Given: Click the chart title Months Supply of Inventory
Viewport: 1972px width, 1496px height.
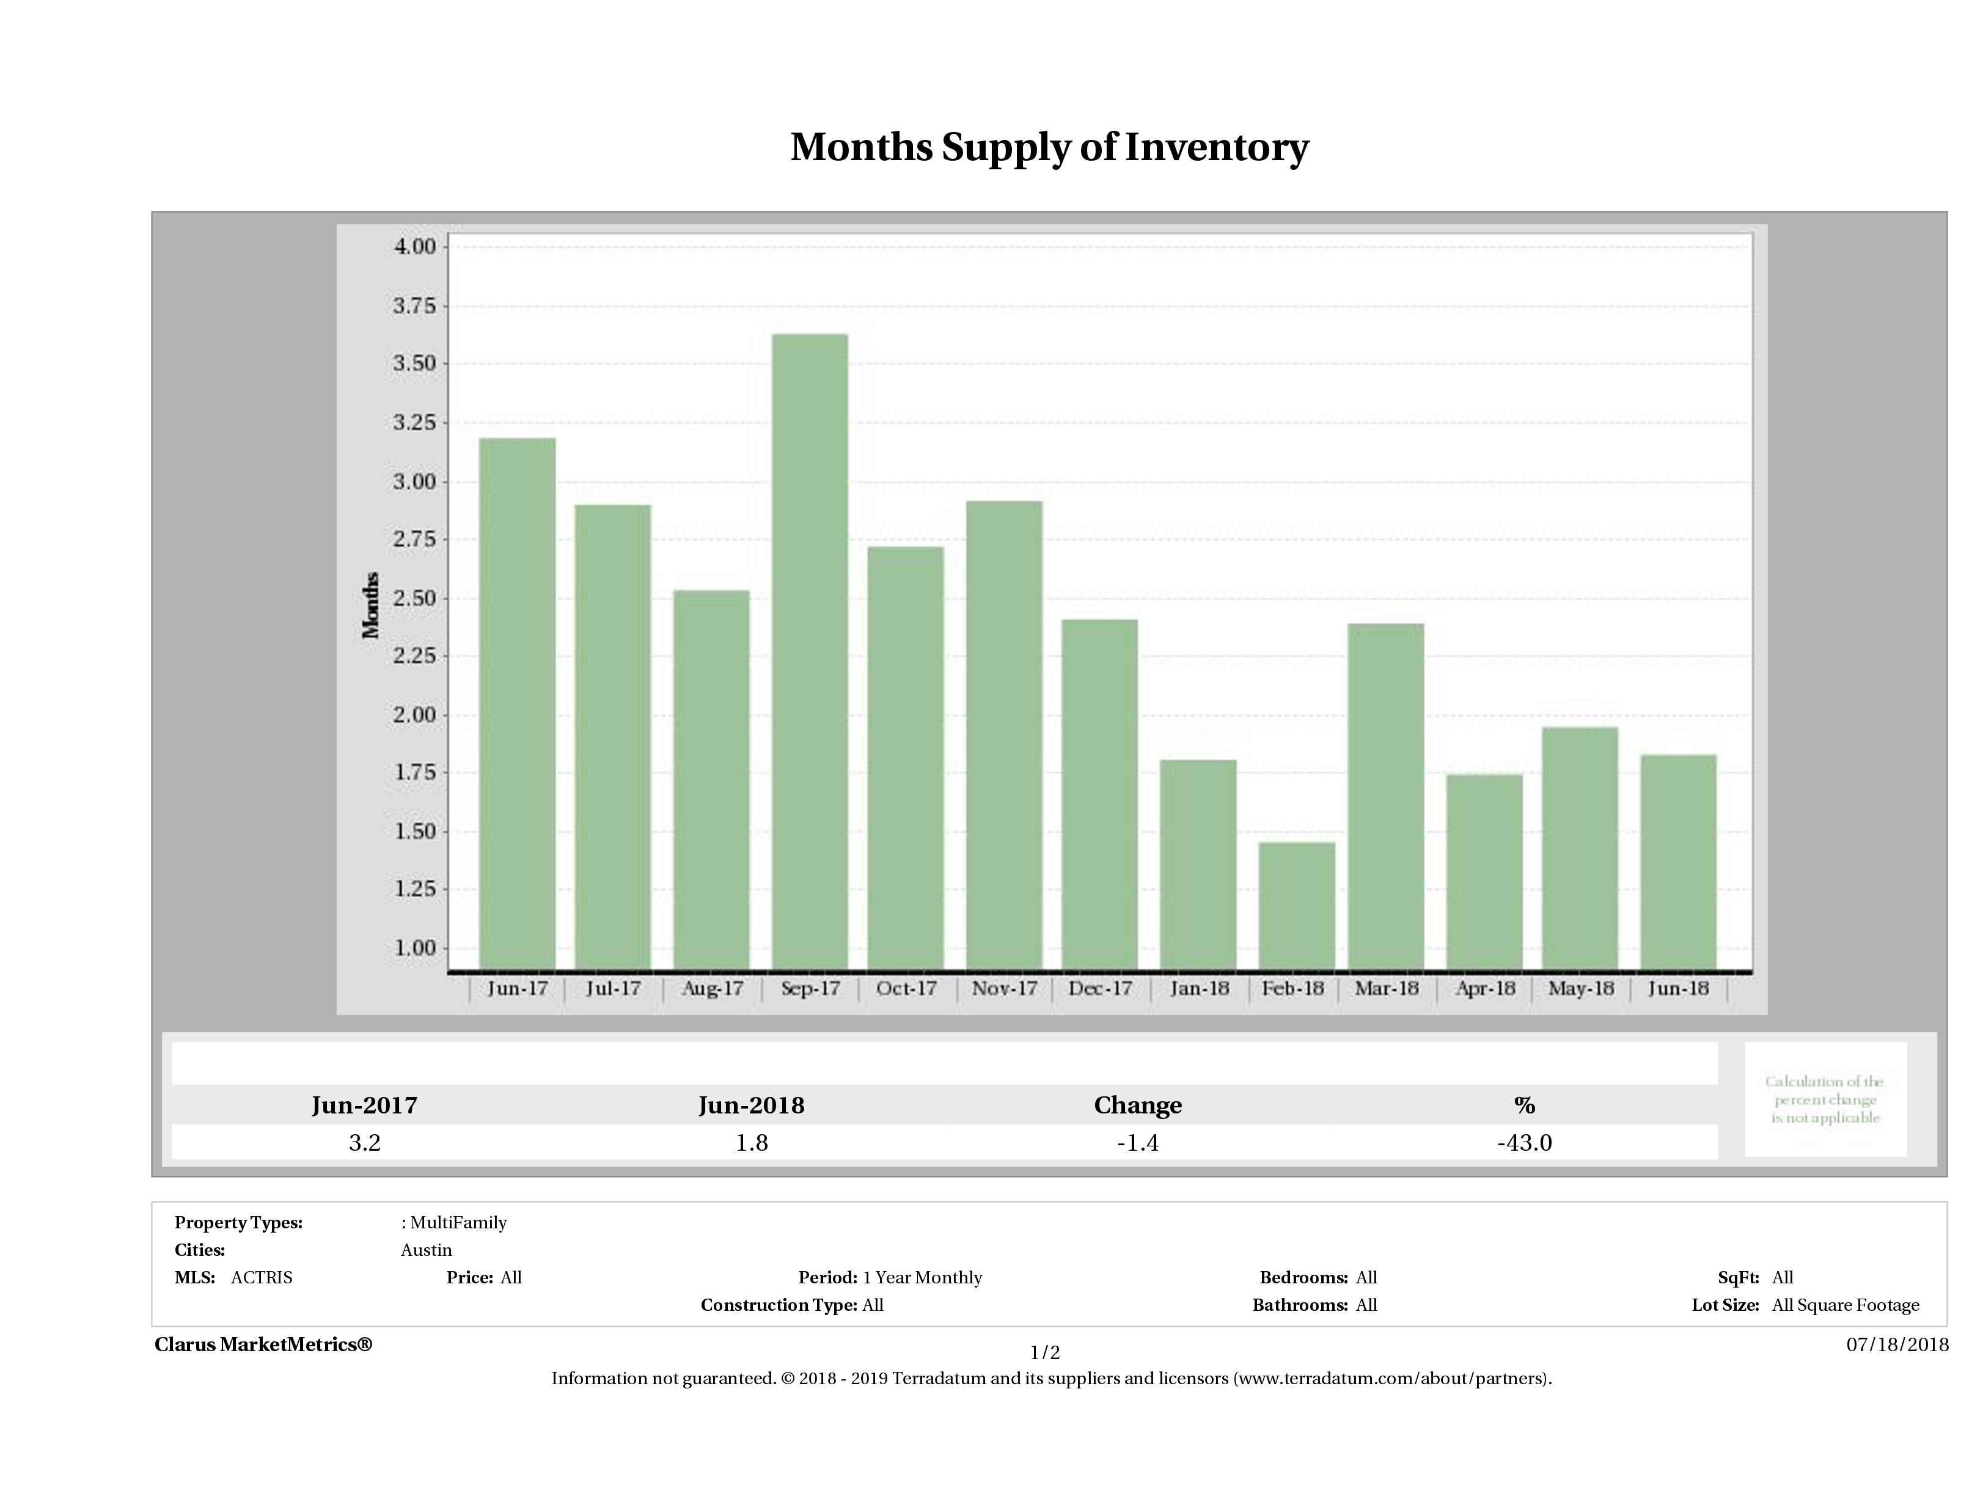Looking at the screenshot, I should (1049, 147).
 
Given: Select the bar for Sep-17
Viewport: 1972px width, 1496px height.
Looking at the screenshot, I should (810, 651).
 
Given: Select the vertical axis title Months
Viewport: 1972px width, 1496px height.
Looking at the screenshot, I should (371, 606).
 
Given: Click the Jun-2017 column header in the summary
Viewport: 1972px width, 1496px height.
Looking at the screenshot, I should (365, 1105).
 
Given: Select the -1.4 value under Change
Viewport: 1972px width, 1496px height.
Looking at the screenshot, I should (1138, 1143).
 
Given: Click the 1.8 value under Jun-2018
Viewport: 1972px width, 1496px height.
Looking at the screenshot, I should (752, 1143).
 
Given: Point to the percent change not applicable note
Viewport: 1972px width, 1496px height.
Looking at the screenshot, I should (1825, 1099).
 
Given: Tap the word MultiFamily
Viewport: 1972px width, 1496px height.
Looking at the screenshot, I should (458, 1222).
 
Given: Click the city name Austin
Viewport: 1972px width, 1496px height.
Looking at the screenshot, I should (426, 1250).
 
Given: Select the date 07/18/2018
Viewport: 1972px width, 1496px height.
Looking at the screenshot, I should (1897, 1344).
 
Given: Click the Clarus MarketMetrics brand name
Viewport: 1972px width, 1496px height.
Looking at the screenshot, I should (263, 1344).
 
